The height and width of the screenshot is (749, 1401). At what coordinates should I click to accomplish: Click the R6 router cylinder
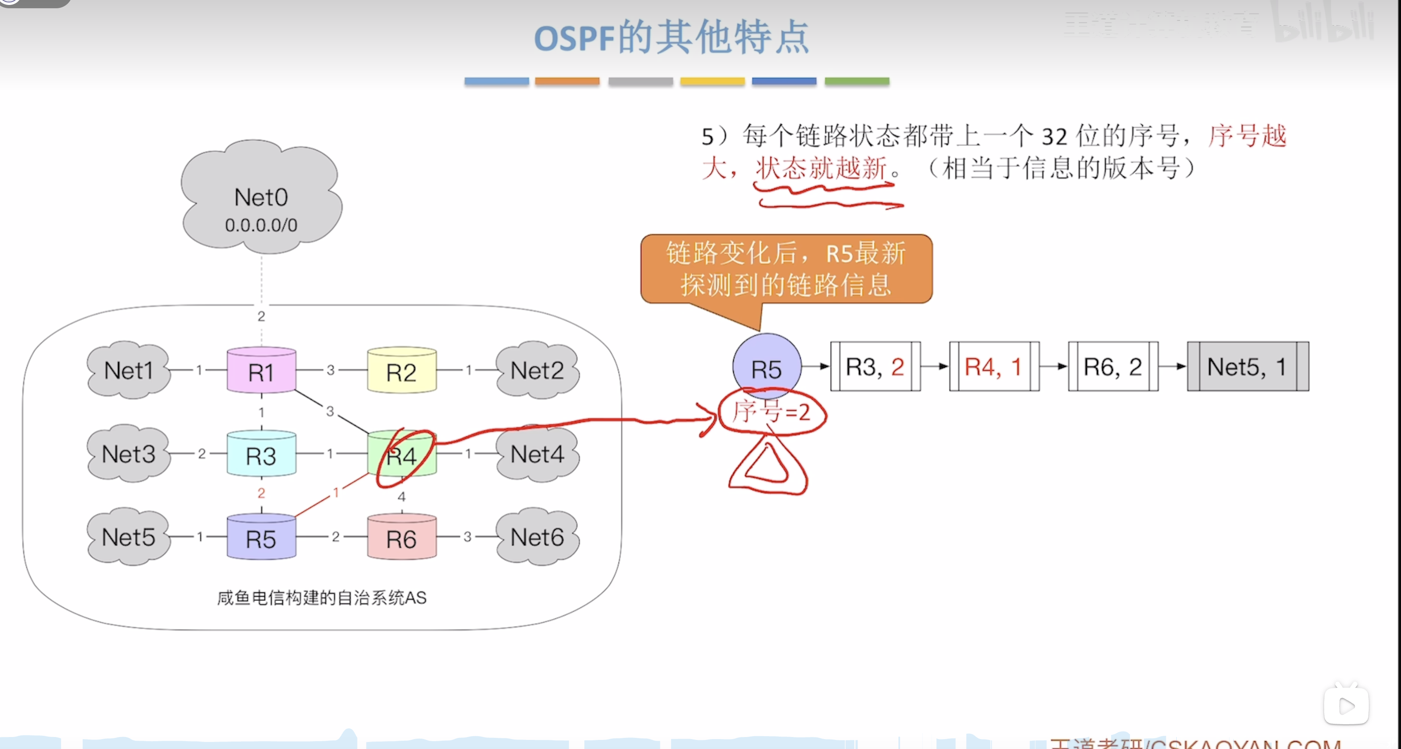(401, 538)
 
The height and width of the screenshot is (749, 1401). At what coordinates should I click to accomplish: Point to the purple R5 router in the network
(261, 538)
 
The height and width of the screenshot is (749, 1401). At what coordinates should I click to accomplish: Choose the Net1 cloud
(129, 370)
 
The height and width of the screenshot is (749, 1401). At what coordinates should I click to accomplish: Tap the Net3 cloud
(129, 454)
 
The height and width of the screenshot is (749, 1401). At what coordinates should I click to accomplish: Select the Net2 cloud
(537, 370)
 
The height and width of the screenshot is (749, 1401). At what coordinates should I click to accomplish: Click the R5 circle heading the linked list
(766, 368)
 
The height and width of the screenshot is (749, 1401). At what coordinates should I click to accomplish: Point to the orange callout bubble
(786, 269)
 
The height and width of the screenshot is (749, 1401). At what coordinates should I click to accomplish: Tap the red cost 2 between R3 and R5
(261, 493)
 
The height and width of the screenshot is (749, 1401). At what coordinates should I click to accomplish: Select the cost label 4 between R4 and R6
(401, 496)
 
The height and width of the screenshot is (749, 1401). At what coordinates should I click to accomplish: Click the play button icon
(1346, 706)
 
